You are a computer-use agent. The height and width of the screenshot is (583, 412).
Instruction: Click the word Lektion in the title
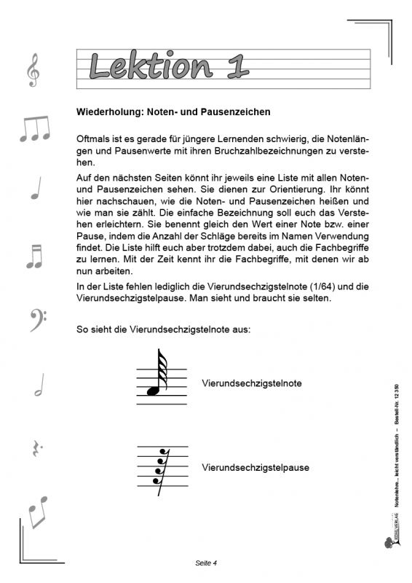coord(150,66)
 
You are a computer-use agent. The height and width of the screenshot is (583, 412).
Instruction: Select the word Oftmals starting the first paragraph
coord(92,138)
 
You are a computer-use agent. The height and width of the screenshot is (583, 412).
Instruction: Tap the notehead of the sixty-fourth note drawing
coord(153,391)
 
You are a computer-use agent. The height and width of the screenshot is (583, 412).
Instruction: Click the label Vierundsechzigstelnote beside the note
coord(252,383)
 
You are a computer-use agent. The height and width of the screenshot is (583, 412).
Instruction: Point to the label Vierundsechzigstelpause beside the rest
coord(255,467)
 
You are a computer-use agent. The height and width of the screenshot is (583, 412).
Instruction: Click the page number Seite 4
coord(207,563)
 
